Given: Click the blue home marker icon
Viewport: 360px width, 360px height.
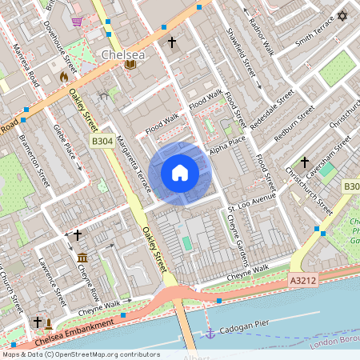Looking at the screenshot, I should pyautogui.click(x=180, y=173).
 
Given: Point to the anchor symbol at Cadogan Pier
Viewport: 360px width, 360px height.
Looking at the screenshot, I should pyautogui.click(x=210, y=331).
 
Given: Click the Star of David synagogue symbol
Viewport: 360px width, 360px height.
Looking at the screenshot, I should pyautogui.click(x=343, y=16).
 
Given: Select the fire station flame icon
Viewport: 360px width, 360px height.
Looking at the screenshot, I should pyautogui.click(x=65, y=77).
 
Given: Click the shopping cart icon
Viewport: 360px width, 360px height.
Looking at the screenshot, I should pyautogui.click(x=77, y=22).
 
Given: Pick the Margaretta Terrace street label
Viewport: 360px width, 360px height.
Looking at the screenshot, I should pyautogui.click(x=133, y=164).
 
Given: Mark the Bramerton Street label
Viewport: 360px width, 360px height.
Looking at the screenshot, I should pyautogui.click(x=36, y=159).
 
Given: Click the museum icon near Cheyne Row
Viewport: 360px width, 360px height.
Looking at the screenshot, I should pyautogui.click(x=83, y=257).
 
